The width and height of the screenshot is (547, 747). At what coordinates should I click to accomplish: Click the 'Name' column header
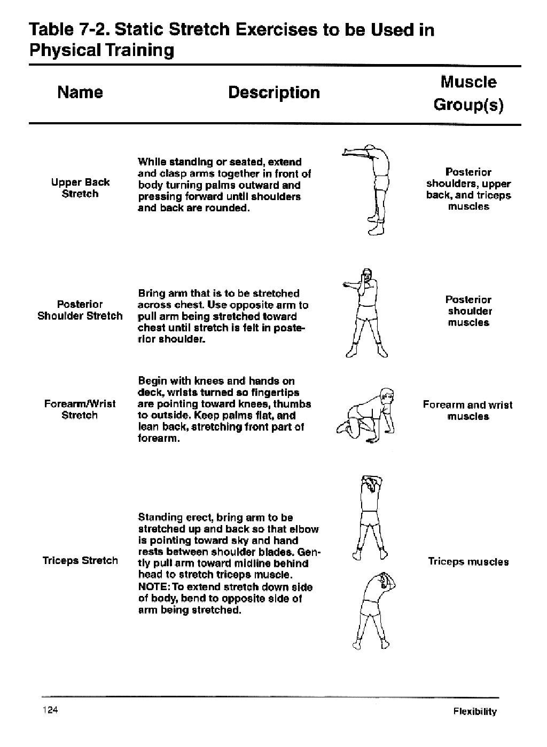click(x=80, y=92)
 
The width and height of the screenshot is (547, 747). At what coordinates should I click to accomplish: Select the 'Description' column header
click(x=273, y=92)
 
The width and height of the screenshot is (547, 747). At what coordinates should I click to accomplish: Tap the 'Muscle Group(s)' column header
click(x=468, y=93)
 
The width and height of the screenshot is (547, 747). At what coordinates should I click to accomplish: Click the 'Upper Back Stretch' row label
click(x=80, y=188)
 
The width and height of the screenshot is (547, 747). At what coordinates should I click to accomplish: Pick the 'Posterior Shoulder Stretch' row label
click(x=80, y=310)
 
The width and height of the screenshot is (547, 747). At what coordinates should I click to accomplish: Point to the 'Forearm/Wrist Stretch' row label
click(x=80, y=409)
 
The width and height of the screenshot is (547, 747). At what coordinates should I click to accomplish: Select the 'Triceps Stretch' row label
click(x=80, y=560)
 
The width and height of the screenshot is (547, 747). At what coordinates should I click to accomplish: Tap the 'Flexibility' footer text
click(x=475, y=711)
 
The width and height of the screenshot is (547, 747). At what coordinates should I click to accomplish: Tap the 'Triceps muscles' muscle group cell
click(x=468, y=561)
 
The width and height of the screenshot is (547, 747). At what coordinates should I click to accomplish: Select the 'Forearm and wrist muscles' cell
click(x=468, y=410)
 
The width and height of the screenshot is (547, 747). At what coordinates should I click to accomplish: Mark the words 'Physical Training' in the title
click(x=101, y=51)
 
